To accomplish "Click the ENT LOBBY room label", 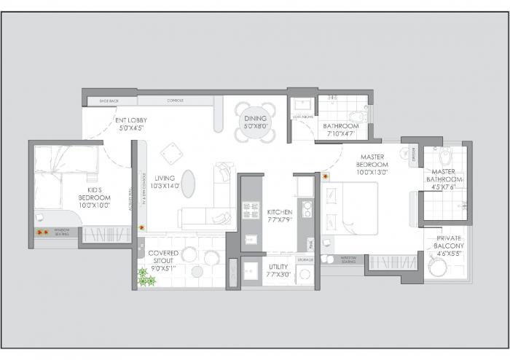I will [130, 124].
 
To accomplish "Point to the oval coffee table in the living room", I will [188, 183].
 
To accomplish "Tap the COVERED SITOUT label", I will [163, 258].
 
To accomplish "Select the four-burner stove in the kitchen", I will [251, 211].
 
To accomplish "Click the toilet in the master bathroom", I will [447, 156].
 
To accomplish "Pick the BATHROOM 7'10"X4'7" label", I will [339, 130].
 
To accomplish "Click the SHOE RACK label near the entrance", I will [98, 101].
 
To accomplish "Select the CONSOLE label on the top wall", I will [174, 101].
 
